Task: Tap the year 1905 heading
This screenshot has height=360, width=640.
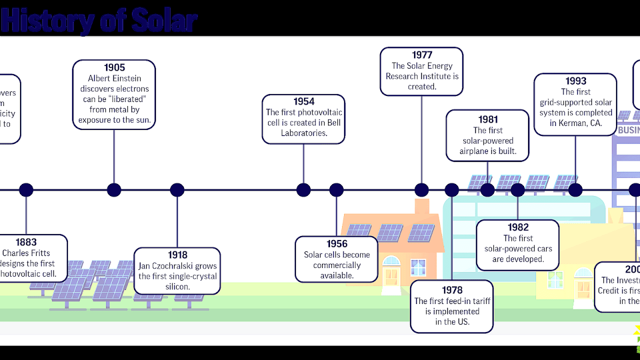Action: [x=114, y=67]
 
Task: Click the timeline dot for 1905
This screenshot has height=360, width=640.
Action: [x=114, y=190]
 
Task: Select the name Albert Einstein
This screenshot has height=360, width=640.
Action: [x=114, y=78]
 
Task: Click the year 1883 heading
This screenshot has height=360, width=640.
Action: [x=26, y=242]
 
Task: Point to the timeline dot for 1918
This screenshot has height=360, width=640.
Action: [x=177, y=190]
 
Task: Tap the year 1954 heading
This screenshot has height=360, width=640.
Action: [x=303, y=102]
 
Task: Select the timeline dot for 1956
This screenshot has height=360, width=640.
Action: [x=336, y=190]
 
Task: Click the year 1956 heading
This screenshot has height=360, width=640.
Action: [x=337, y=244]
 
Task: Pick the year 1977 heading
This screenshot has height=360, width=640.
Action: [x=421, y=55]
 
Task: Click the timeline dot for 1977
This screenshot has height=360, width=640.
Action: [x=421, y=190]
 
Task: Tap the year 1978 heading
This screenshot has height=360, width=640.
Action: [x=452, y=290]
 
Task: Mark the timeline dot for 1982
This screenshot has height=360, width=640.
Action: [x=517, y=190]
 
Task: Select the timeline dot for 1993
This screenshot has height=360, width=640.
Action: [x=575, y=190]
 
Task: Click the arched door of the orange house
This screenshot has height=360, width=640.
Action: [x=391, y=272]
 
